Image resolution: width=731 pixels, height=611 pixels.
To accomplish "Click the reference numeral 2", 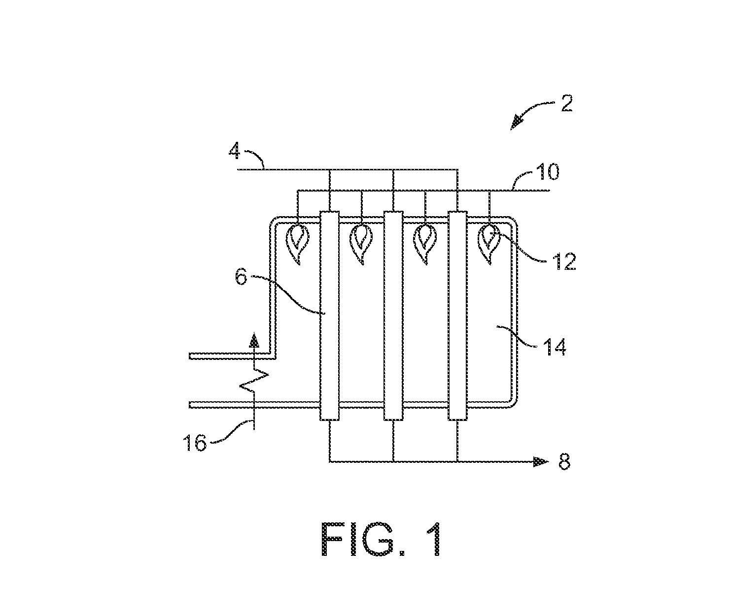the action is [566, 103].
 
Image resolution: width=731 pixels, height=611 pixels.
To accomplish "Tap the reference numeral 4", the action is [235, 152].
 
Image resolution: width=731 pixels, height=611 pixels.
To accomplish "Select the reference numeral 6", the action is [241, 277].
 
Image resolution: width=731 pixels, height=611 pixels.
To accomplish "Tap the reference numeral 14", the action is [555, 347].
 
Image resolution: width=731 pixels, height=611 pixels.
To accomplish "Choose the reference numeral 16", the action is [195, 443].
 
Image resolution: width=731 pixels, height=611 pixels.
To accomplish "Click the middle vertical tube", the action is [393, 315].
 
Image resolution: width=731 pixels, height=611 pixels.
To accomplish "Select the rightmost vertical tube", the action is [457, 315].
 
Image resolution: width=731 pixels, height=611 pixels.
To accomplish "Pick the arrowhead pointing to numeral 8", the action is [541, 462].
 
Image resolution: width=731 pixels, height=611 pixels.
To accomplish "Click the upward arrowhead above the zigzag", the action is [254, 340].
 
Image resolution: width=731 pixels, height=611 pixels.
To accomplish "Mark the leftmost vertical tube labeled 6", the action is [329, 315].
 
